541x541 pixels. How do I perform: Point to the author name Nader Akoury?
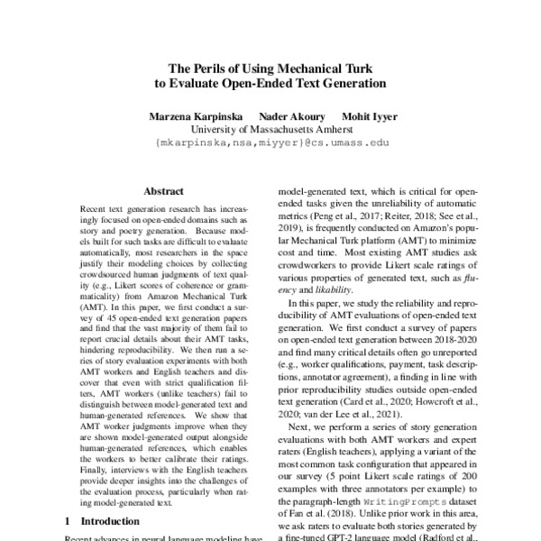(287, 116)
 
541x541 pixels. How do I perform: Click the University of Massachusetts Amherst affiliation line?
(270, 129)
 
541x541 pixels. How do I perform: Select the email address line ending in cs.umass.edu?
(270, 142)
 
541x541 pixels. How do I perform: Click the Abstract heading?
(163, 191)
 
